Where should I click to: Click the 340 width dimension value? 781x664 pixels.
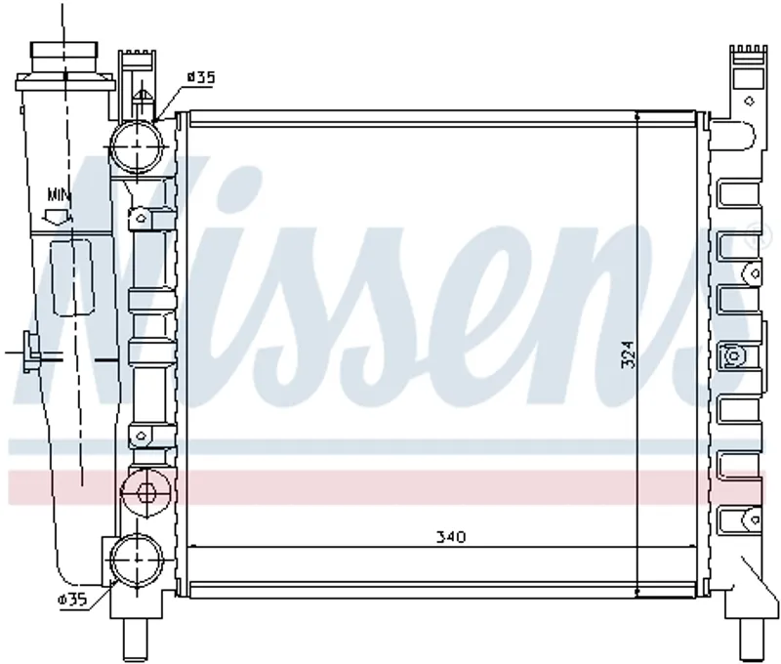coord(451,537)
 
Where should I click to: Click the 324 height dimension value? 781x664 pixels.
coord(629,354)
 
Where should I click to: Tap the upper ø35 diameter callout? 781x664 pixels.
coord(201,77)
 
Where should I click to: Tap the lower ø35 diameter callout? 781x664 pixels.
coord(72,600)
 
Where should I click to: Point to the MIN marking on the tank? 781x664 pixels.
coord(60,194)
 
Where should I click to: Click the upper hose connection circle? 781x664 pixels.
coord(137,146)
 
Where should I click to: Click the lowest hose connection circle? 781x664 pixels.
coord(138,559)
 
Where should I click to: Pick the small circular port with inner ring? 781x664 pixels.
coord(146,493)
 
